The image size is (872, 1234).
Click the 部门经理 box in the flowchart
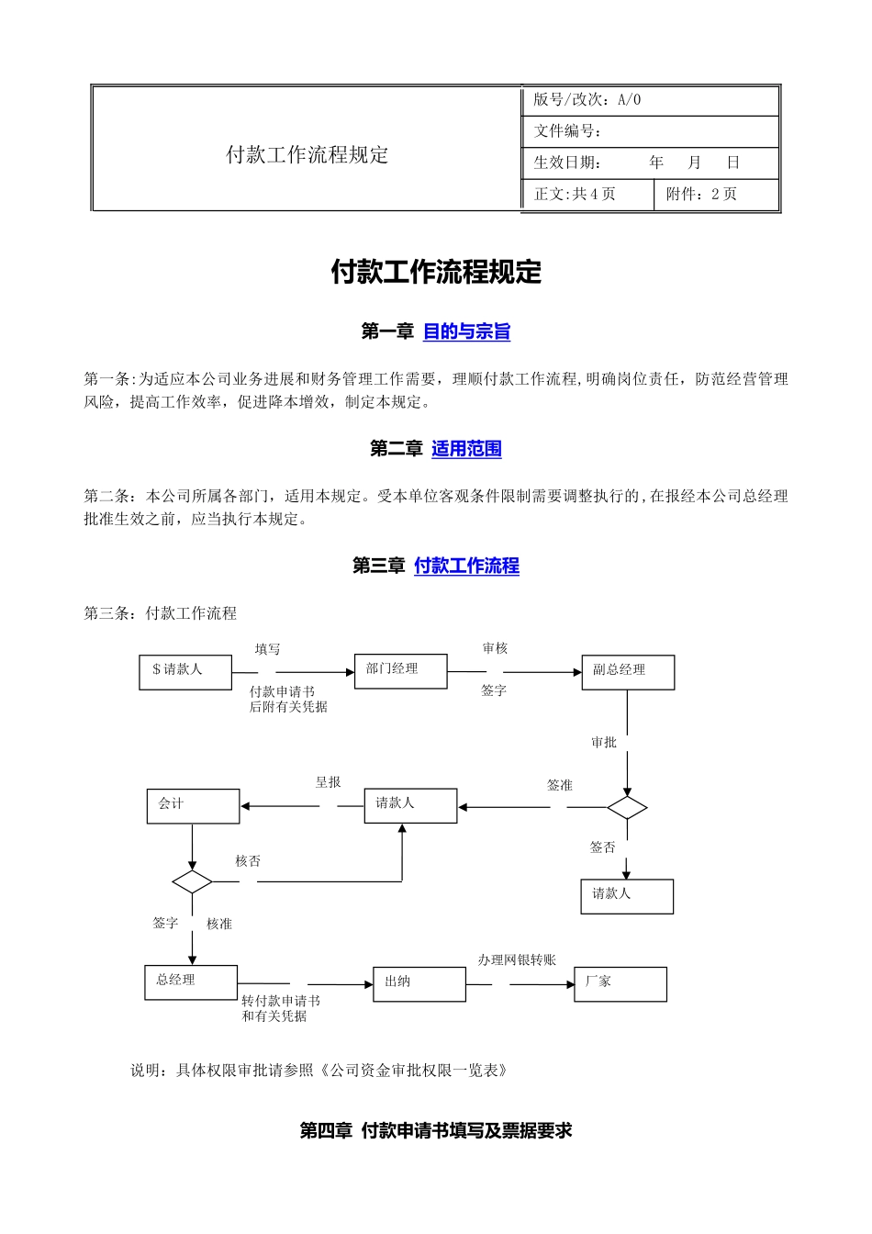tap(400, 670)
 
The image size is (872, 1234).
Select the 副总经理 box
tap(628, 672)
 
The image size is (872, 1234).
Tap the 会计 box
tap(193, 806)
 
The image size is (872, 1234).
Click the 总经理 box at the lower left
tap(191, 982)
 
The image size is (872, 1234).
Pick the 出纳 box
tap(419, 983)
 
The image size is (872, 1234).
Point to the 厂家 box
tap(620, 983)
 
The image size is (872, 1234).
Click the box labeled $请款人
tap(185, 671)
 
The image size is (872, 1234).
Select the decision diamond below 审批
tap(627, 808)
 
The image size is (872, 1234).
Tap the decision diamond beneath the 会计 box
tap(192, 882)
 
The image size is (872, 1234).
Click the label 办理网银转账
tap(517, 960)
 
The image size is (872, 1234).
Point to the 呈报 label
tap(329, 782)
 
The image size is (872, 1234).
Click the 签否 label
tap(602, 847)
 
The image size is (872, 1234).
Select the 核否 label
tap(248, 861)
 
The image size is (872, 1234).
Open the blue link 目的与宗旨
tap(466, 331)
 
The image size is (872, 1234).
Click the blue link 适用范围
tap(466, 449)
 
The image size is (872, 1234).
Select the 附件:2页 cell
tap(715, 195)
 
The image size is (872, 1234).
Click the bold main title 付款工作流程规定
tap(436, 272)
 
